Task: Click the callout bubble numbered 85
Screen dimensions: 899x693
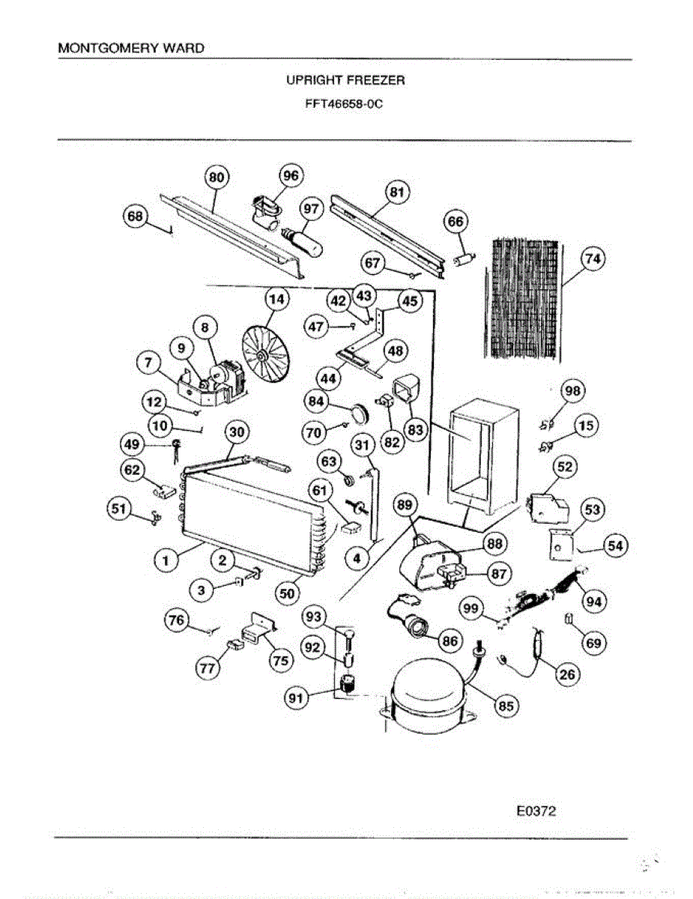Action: coord(507,705)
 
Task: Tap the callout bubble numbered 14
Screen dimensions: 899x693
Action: coord(276,299)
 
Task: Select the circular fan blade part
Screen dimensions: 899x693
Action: coord(266,354)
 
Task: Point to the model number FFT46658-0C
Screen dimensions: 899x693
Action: coord(345,104)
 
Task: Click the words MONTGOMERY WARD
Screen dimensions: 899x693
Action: coord(131,48)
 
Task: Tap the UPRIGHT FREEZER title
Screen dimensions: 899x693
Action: coord(345,79)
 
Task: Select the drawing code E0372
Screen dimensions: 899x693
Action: coord(536,811)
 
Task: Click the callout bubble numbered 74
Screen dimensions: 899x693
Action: coord(593,258)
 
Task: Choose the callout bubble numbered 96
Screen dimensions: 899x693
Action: coord(290,175)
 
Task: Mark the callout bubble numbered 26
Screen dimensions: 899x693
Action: coord(567,674)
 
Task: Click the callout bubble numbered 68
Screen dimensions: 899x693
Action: coord(135,217)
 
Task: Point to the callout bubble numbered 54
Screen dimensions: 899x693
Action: coord(614,546)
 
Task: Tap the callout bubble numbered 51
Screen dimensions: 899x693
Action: coord(118,509)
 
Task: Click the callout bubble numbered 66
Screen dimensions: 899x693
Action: coord(456,221)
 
